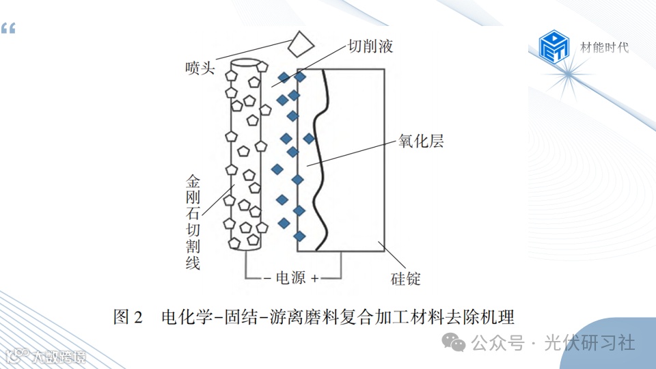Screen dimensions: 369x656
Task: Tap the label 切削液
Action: pos(370,46)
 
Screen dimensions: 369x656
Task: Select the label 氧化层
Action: pos(421,141)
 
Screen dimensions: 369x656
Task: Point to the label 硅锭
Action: pos(405,279)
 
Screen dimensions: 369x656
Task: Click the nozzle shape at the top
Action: pos(299,45)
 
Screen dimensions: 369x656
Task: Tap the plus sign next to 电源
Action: pos(314,279)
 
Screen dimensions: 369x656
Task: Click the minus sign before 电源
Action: pos(268,279)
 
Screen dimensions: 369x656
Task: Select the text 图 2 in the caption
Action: pos(128,317)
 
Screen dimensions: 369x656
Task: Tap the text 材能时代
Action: pos(604,47)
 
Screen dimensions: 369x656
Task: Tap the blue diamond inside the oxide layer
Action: pos(309,139)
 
